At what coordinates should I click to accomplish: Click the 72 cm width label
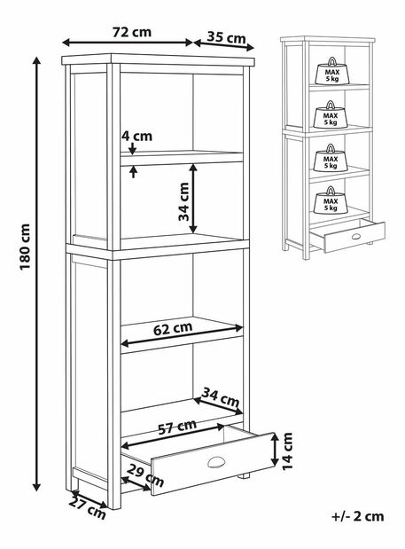[x=132, y=32]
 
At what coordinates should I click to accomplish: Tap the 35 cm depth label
[x=226, y=36]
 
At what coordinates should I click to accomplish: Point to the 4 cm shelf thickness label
[x=136, y=136]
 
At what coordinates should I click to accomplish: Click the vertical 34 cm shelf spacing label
[x=183, y=202]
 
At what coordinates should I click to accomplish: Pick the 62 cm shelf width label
[x=173, y=328]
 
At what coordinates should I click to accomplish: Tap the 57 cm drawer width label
[x=177, y=427]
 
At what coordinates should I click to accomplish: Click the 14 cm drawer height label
[x=287, y=451]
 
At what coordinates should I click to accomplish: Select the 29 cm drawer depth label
[x=145, y=475]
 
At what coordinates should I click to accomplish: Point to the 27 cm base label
[x=87, y=508]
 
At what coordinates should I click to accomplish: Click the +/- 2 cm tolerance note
[x=357, y=516]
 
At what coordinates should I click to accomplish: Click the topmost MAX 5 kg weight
[x=332, y=72]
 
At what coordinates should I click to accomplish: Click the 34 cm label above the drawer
[x=221, y=397]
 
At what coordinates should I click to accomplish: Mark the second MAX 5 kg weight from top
[x=331, y=114]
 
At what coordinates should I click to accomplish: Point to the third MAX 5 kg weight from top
[x=331, y=158]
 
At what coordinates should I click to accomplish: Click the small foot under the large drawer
[x=244, y=475]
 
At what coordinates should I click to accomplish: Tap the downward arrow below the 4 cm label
[x=132, y=148]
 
